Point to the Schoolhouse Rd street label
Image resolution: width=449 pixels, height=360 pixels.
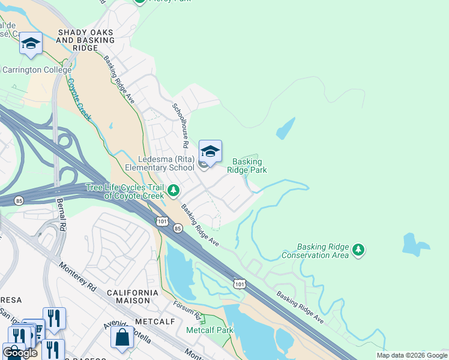pos(181,125)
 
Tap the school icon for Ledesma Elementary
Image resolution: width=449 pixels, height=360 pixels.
pos(210,151)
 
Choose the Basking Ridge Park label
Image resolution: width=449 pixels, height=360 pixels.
pos(247,166)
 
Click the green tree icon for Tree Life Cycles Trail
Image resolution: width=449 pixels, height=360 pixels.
pos(173,191)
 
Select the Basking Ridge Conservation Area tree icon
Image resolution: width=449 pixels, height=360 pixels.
pos(358,249)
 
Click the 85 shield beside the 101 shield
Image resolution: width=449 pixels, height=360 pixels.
pos(178,229)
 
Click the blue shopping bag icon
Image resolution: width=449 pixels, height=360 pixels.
pos(122,337)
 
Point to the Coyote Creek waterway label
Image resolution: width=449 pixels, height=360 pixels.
pos(79,99)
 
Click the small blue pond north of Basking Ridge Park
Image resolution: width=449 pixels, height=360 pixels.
pos(286,128)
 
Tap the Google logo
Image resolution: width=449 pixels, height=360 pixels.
pos(20,353)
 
